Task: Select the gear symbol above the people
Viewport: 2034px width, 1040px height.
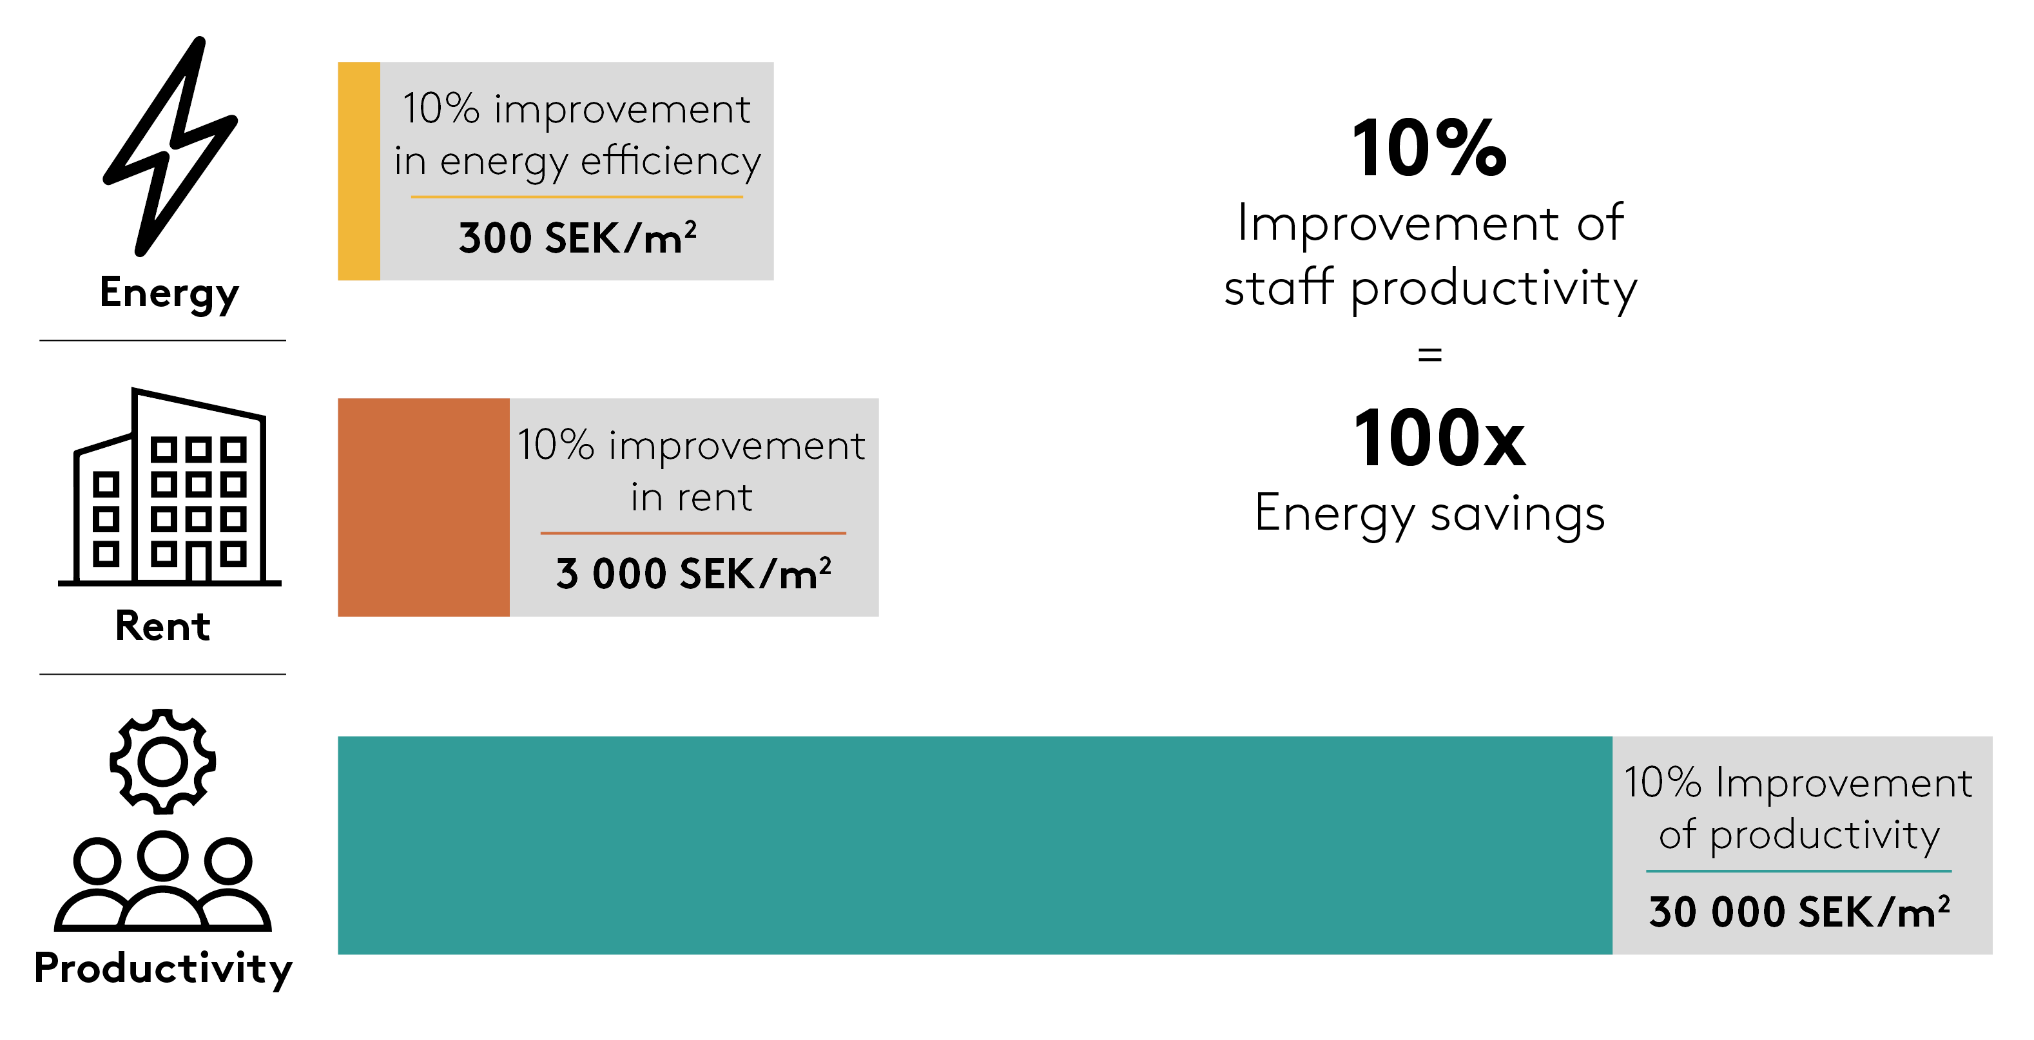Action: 162,761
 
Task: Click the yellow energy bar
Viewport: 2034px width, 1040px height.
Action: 359,171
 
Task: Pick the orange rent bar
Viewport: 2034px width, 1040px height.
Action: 424,507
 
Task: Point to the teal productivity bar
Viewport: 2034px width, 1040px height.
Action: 975,845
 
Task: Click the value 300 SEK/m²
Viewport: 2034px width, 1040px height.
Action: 578,238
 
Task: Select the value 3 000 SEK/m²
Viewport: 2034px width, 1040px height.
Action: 693,573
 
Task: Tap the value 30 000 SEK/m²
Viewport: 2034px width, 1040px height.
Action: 1799,912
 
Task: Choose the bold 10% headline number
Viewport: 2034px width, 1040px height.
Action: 1430,148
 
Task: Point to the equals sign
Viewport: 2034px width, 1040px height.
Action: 1430,354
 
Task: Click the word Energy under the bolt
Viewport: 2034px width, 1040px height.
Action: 169,294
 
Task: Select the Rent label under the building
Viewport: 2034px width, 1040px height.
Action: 162,626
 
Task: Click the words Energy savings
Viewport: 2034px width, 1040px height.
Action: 1430,515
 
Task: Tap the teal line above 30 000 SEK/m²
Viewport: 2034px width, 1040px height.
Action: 1799,871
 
